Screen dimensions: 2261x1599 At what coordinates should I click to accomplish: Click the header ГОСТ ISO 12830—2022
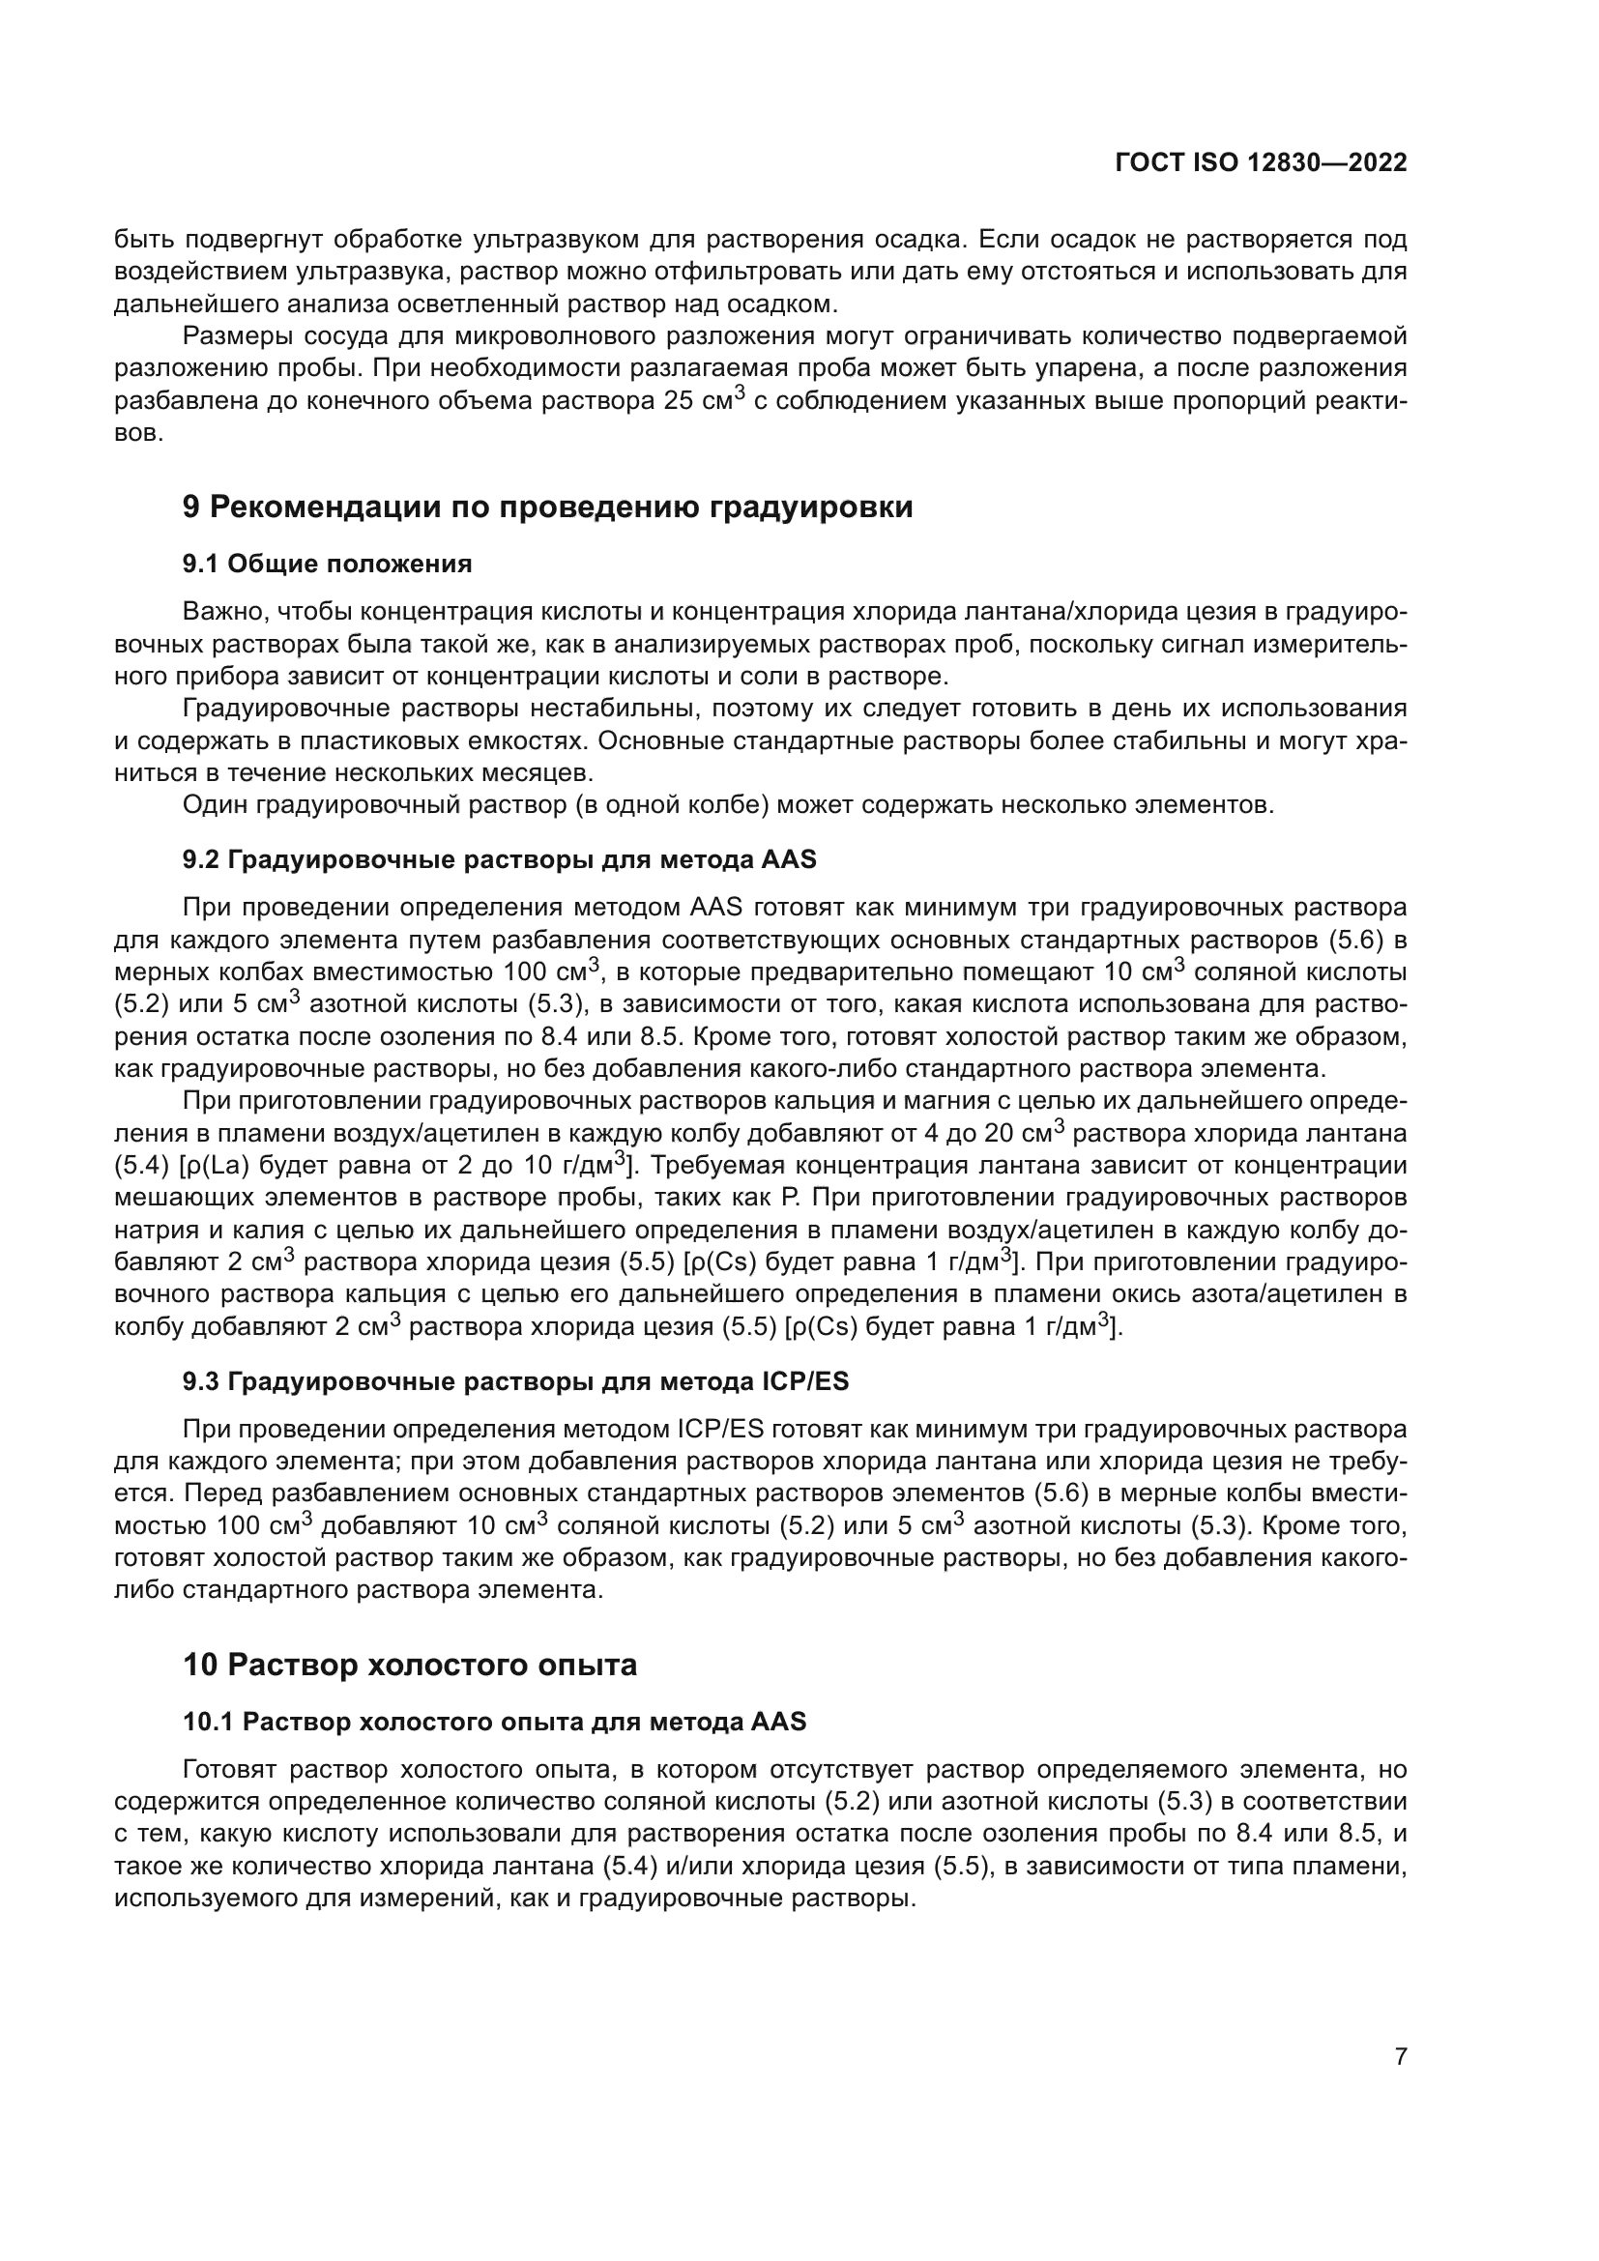pos(1261,163)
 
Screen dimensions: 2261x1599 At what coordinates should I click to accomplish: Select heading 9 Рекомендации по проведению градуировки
pos(547,507)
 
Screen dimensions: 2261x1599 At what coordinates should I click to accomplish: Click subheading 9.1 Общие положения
pos(327,565)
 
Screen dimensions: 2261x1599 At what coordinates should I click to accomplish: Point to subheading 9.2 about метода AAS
pos(499,859)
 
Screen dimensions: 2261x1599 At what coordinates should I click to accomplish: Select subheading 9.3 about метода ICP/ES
pos(515,1381)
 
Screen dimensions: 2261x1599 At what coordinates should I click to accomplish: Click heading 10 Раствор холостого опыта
pos(410,1666)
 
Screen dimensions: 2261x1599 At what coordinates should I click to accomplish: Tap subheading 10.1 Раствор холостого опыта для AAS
pos(494,1722)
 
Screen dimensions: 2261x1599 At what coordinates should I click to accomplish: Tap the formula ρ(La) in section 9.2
pos(211,1166)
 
